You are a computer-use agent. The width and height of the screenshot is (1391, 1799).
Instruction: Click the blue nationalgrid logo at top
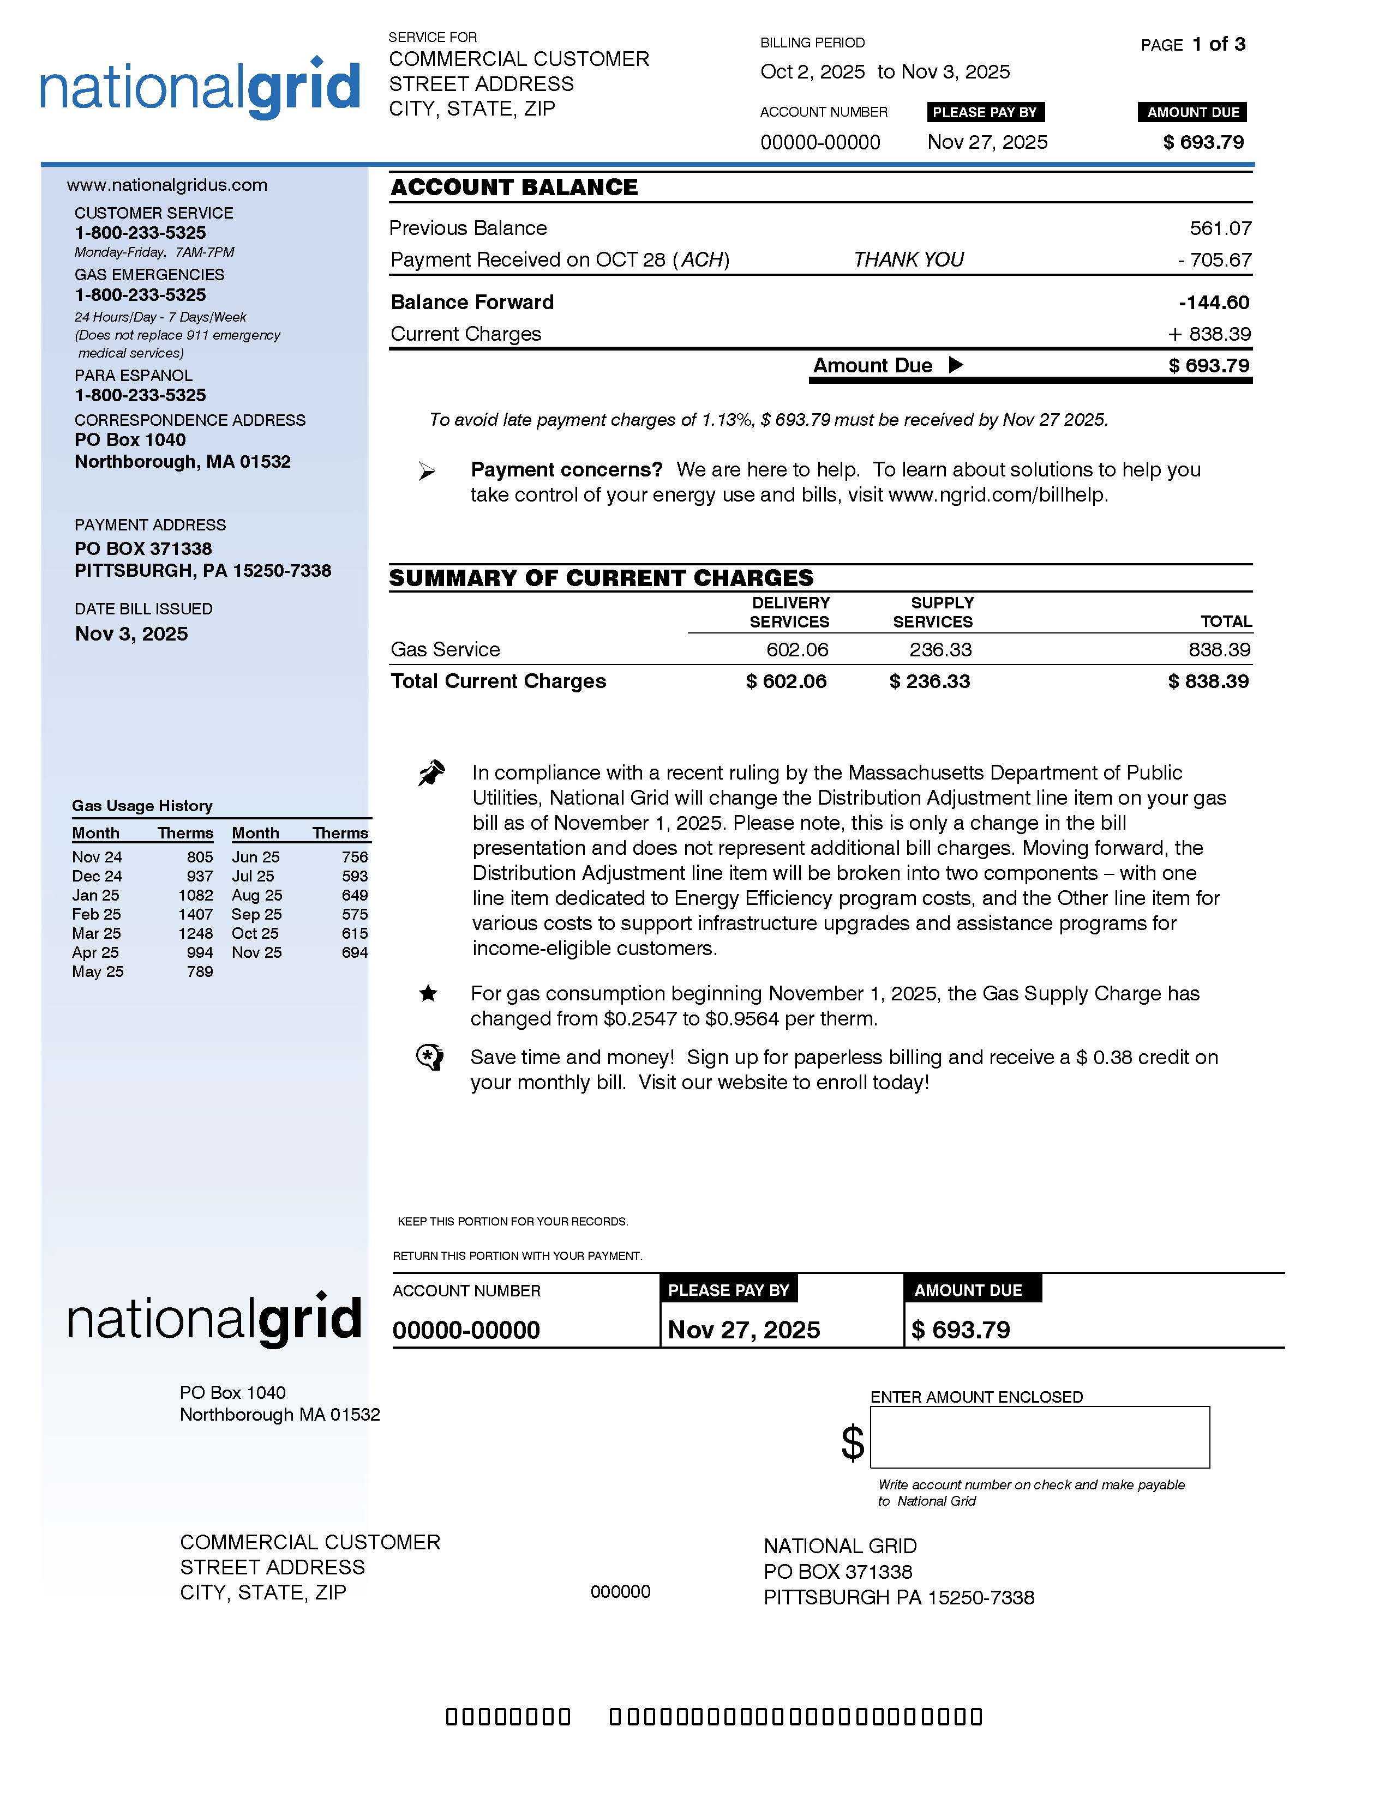pos(200,89)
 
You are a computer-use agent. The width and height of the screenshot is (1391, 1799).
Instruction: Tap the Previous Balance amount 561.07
pos(1220,228)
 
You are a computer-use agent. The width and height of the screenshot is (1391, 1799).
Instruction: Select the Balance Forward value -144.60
pos(1213,303)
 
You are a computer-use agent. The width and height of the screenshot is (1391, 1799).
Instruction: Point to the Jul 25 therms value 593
pos(355,877)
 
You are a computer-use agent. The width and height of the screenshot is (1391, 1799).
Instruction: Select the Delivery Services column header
pos(789,612)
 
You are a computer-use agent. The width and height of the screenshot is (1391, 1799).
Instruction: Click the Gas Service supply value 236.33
pos(940,650)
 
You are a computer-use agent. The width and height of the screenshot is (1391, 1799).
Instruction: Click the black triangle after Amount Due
pos(955,365)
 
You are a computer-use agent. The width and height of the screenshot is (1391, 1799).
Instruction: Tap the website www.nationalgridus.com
pos(167,184)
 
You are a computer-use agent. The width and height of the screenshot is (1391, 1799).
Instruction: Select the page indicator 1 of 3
pos(1218,45)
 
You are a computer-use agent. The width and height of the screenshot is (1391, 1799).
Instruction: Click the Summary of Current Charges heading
pos(601,577)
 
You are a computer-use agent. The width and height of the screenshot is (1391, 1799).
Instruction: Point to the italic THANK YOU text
pos(908,259)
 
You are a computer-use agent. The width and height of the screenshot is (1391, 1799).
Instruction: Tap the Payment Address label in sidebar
pos(150,524)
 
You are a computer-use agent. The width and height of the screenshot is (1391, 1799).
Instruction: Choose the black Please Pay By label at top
pos(985,112)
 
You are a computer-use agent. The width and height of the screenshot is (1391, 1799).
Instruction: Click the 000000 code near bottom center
pos(620,1591)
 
